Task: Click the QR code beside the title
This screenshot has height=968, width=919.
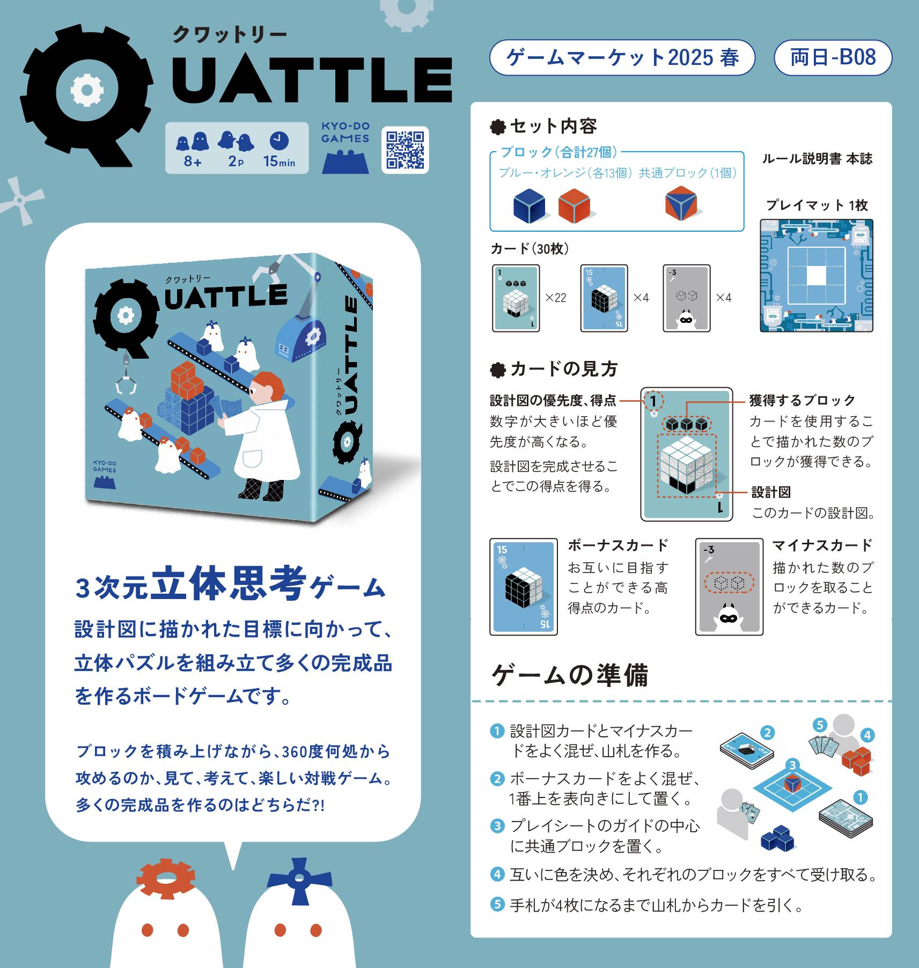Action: click(405, 150)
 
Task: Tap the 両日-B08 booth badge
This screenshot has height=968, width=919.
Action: click(833, 57)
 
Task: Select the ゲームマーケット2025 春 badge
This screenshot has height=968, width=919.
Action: click(622, 57)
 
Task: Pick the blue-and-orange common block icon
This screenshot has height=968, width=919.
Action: click(681, 203)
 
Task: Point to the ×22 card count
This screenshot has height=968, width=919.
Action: click(556, 298)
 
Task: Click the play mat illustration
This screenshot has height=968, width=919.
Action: click(816, 276)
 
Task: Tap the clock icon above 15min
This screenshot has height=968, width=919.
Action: click(279, 141)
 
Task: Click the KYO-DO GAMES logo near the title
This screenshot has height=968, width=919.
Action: click(345, 147)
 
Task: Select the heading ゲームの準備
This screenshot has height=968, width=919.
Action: click(570, 675)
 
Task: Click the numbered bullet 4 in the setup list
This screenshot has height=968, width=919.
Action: click(497, 875)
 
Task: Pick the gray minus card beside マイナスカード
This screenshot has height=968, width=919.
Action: click(729, 587)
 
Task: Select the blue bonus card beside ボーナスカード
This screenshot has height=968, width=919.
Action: click(524, 587)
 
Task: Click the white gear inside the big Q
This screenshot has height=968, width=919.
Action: click(86, 90)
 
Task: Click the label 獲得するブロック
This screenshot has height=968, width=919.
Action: click(802, 400)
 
